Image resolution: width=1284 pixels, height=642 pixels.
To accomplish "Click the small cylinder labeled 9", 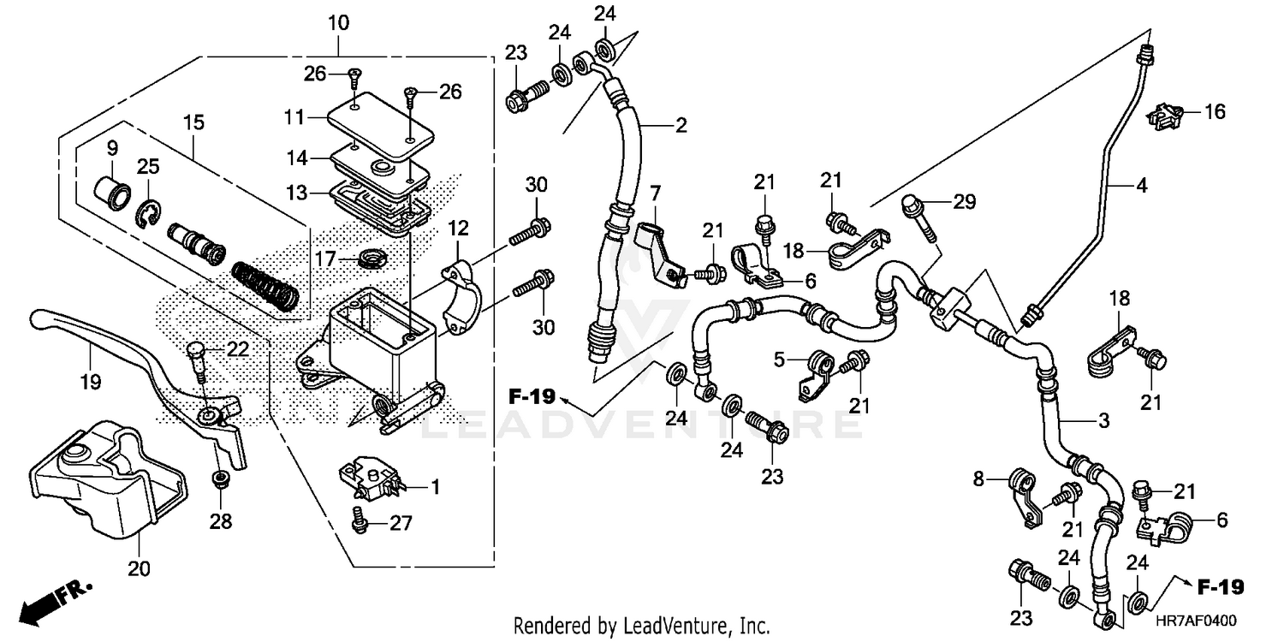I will (x=112, y=186).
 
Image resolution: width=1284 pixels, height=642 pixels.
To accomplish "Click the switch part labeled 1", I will (x=370, y=476).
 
